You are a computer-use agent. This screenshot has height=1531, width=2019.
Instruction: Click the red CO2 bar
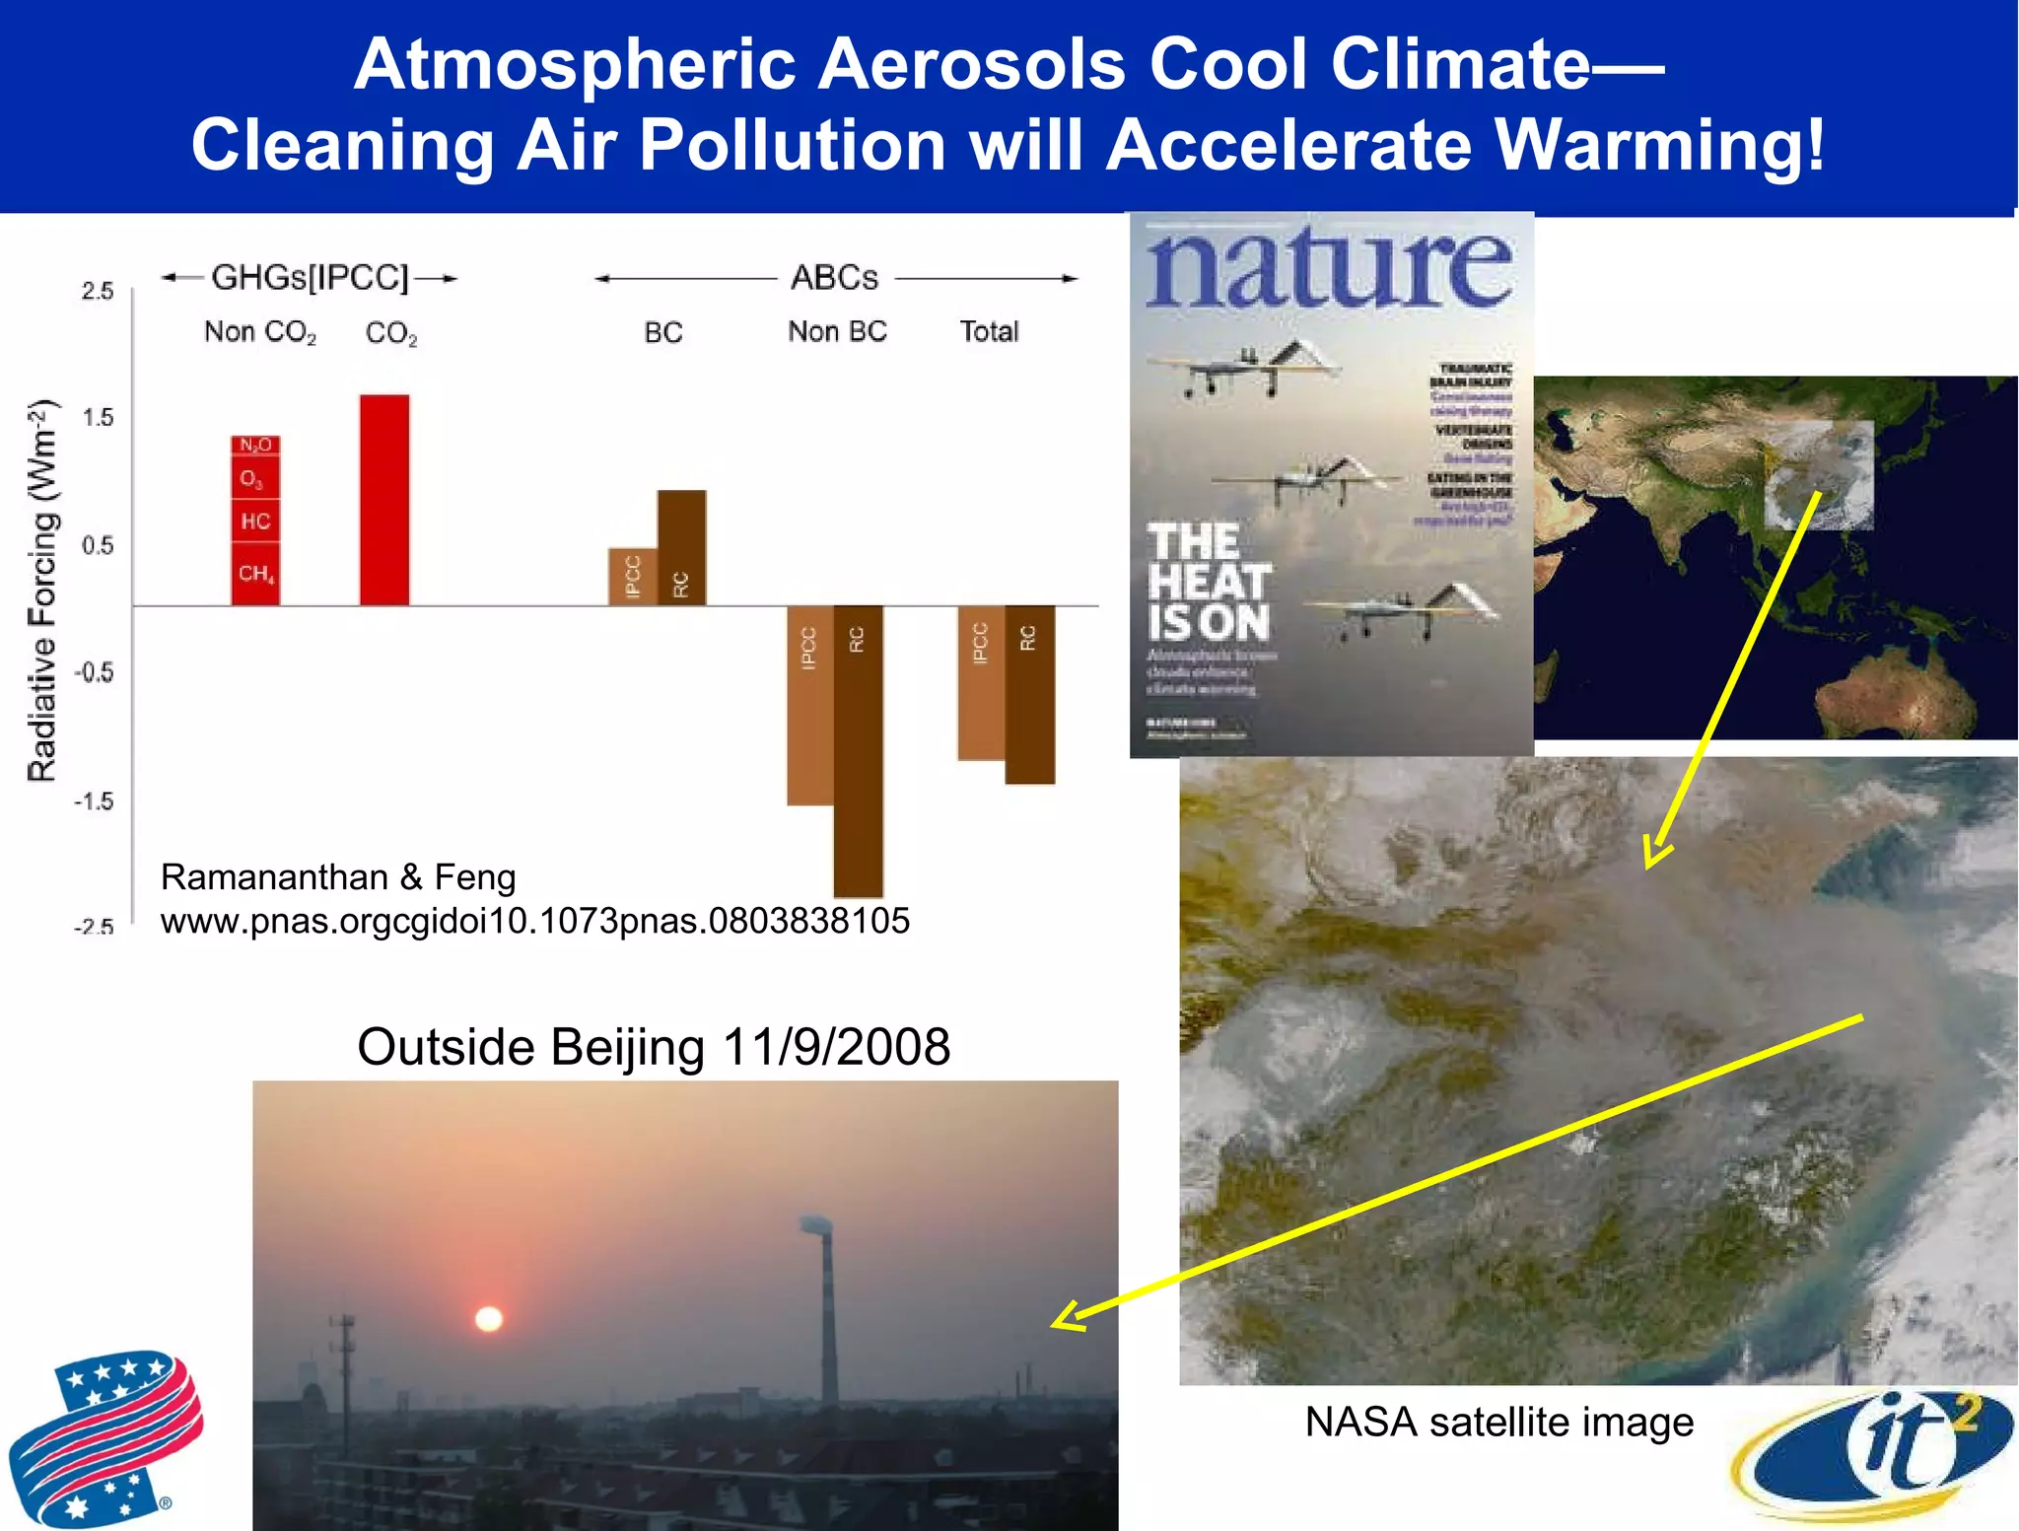(384, 500)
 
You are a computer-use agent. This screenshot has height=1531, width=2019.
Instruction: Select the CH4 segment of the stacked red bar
(255, 574)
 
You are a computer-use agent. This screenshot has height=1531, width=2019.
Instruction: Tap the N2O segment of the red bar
(255, 446)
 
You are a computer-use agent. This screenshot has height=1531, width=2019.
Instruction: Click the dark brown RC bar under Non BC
(858, 749)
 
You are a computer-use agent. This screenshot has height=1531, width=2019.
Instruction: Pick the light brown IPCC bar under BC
(633, 577)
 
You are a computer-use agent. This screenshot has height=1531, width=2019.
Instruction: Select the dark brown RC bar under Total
(1029, 695)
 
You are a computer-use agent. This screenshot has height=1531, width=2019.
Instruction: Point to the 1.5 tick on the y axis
(98, 418)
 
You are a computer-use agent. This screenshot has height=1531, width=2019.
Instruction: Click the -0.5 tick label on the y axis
(95, 672)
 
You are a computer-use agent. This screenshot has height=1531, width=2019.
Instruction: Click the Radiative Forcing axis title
(41, 592)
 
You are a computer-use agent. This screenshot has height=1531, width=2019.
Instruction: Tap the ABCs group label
(834, 278)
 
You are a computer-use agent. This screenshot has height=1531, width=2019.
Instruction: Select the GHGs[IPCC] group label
(310, 278)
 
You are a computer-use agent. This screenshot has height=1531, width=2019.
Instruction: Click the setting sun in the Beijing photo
(489, 1319)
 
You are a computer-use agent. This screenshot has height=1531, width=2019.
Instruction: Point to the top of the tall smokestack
(816, 1225)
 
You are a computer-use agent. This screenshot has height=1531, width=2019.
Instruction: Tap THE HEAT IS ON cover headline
(1209, 583)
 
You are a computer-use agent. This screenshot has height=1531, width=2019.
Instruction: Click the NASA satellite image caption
(1498, 1423)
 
